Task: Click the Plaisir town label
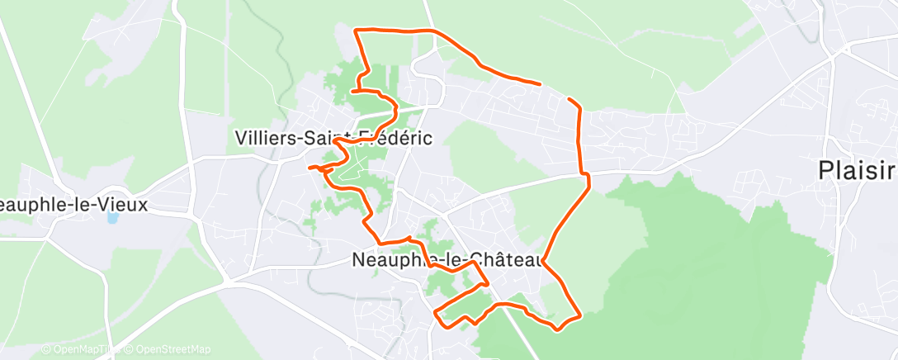point(857,171)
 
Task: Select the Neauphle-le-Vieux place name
point(74,204)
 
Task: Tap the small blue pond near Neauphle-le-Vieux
point(112,218)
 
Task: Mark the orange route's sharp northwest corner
point(355,31)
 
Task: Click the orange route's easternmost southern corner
point(580,315)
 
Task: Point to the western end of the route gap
point(539,83)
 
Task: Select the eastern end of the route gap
point(570,98)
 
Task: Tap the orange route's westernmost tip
point(310,168)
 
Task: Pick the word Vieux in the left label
point(125,204)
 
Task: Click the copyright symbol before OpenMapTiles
point(46,349)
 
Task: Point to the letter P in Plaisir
point(825,171)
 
